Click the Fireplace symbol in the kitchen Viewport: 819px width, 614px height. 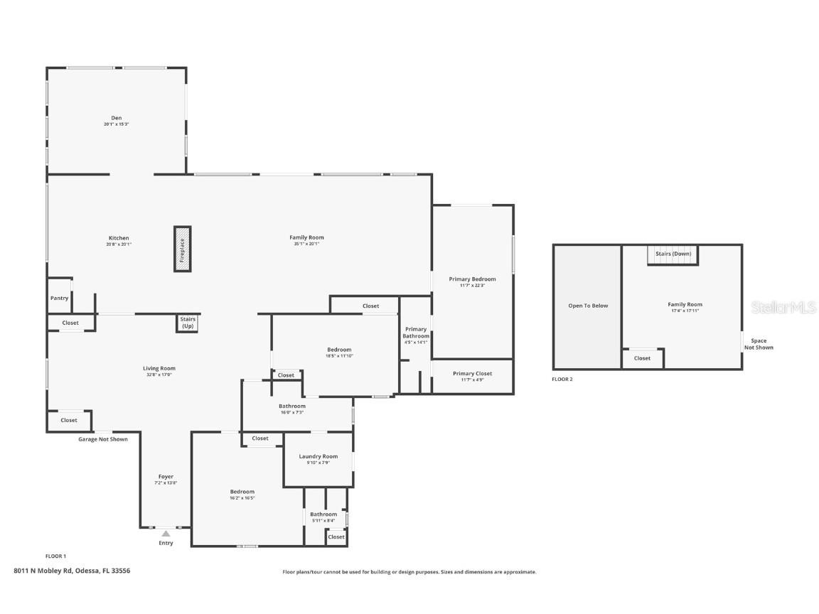[183, 249]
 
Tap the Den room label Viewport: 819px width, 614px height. [116, 118]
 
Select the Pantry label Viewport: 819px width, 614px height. [60, 298]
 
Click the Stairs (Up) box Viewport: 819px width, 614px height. [187, 323]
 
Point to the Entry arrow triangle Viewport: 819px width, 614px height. [166, 533]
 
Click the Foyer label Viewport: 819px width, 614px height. [166, 477]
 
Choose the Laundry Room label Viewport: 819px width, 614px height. [318, 456]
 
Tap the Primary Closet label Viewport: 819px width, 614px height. [472, 374]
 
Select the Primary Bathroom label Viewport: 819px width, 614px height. [416, 332]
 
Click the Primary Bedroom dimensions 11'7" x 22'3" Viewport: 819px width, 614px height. [472, 286]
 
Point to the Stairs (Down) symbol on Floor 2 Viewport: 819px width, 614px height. [673, 254]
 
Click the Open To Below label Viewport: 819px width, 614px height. [588, 306]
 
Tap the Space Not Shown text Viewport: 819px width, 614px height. [759, 344]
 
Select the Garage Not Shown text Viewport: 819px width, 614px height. [103, 439]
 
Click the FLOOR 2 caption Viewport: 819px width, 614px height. [562, 379]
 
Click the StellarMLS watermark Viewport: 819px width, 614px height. [783, 307]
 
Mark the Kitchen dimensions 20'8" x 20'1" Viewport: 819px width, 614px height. [119, 244]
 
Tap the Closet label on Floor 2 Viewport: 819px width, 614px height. [642, 358]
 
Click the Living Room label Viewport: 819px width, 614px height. [159, 368]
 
